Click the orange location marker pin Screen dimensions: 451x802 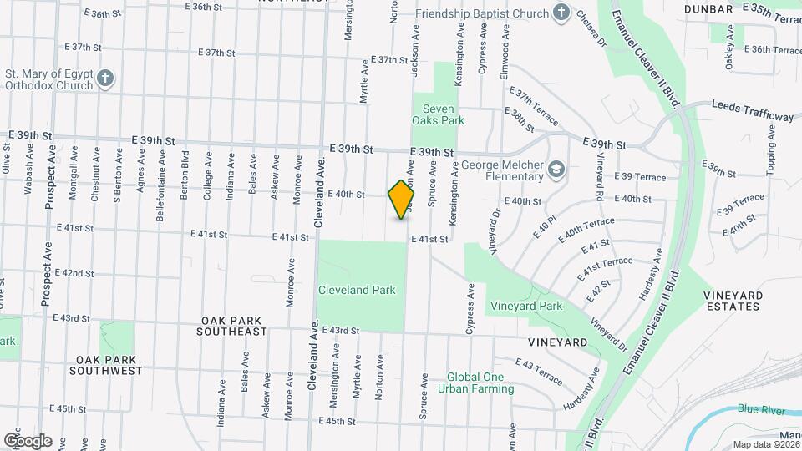tap(402, 200)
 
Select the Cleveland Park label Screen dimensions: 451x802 tap(356, 290)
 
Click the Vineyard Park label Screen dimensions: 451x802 tap(526, 306)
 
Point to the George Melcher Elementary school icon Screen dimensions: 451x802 tap(556, 170)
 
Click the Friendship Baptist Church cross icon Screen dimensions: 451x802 tap(562, 13)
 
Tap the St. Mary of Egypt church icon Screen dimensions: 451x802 tap(104, 79)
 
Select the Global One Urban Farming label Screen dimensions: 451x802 tap(475, 383)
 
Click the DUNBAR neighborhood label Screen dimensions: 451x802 tap(708, 8)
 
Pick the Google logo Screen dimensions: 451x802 tap(28, 440)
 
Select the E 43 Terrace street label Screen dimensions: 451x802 tap(539, 372)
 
